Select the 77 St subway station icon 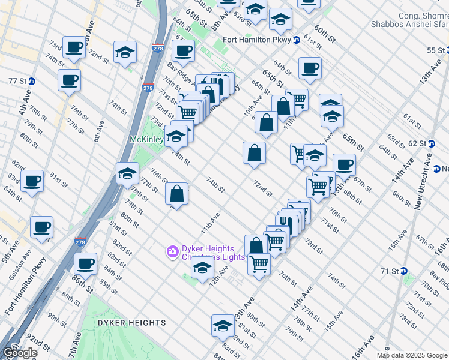click(31, 81)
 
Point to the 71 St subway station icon click(403, 271)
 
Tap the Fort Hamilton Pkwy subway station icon click(296, 40)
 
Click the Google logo click(19, 353)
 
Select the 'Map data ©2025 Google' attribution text click(412, 355)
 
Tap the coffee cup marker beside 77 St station click(69, 80)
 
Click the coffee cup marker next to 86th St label click(86, 263)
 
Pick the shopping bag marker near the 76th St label click(176, 194)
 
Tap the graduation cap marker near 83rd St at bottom click(223, 326)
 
